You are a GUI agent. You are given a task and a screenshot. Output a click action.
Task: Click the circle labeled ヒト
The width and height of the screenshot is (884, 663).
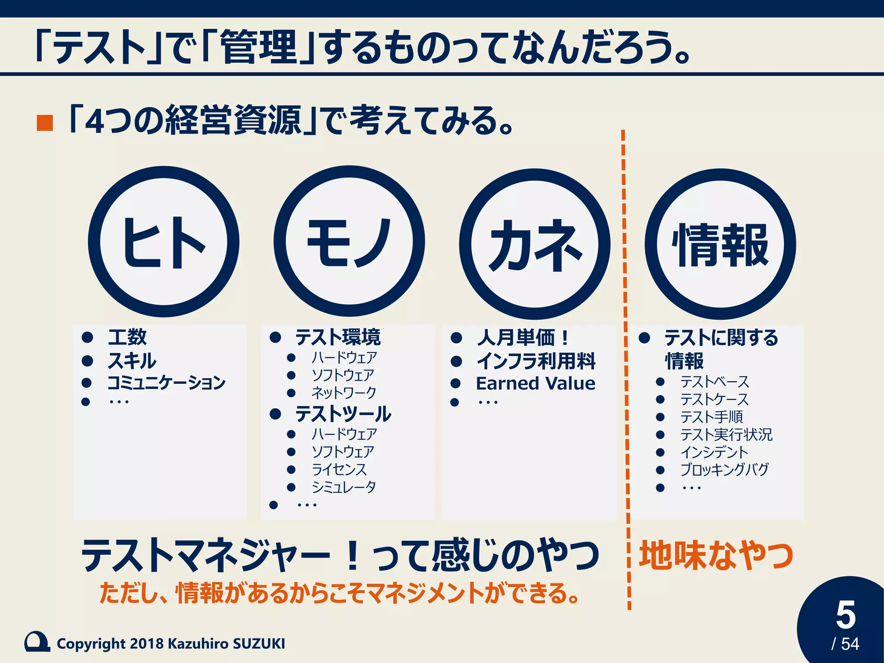(x=164, y=242)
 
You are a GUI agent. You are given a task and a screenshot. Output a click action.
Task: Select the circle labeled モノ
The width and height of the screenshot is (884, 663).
(x=349, y=242)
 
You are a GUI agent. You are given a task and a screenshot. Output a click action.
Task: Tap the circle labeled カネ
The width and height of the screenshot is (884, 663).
(x=535, y=244)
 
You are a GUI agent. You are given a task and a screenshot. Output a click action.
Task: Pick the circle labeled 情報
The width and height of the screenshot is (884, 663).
(x=720, y=244)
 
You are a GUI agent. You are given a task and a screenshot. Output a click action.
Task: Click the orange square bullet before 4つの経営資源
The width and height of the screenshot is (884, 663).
(x=45, y=123)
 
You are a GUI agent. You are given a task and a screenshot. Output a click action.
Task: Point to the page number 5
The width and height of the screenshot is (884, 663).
(x=845, y=615)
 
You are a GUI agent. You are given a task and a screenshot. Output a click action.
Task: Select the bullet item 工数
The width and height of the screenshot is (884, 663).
(x=127, y=337)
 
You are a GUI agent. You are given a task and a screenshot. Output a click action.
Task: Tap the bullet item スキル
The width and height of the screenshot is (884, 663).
(x=132, y=361)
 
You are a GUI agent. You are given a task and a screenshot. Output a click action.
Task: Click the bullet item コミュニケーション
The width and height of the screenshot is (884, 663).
(x=166, y=382)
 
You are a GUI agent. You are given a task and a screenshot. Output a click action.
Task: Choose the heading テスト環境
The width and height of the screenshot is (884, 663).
(x=338, y=337)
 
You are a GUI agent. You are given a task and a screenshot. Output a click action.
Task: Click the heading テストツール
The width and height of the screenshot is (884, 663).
(x=343, y=414)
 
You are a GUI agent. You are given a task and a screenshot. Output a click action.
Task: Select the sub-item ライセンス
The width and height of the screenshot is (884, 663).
(x=339, y=470)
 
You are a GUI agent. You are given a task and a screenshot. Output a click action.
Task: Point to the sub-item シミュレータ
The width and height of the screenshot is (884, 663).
(x=344, y=487)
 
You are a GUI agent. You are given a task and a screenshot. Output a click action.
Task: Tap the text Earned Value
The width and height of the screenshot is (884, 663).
(x=536, y=383)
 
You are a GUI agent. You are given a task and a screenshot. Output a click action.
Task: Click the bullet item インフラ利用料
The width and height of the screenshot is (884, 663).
(x=536, y=361)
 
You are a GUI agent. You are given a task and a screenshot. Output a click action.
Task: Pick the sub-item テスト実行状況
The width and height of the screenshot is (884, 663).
(x=726, y=435)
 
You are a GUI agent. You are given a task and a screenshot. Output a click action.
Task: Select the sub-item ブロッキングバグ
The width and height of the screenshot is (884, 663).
(x=725, y=470)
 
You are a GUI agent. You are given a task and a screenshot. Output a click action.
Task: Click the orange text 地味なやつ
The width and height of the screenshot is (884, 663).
(x=716, y=555)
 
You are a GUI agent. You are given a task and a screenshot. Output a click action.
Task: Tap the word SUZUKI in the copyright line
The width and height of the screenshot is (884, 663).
(x=259, y=644)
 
